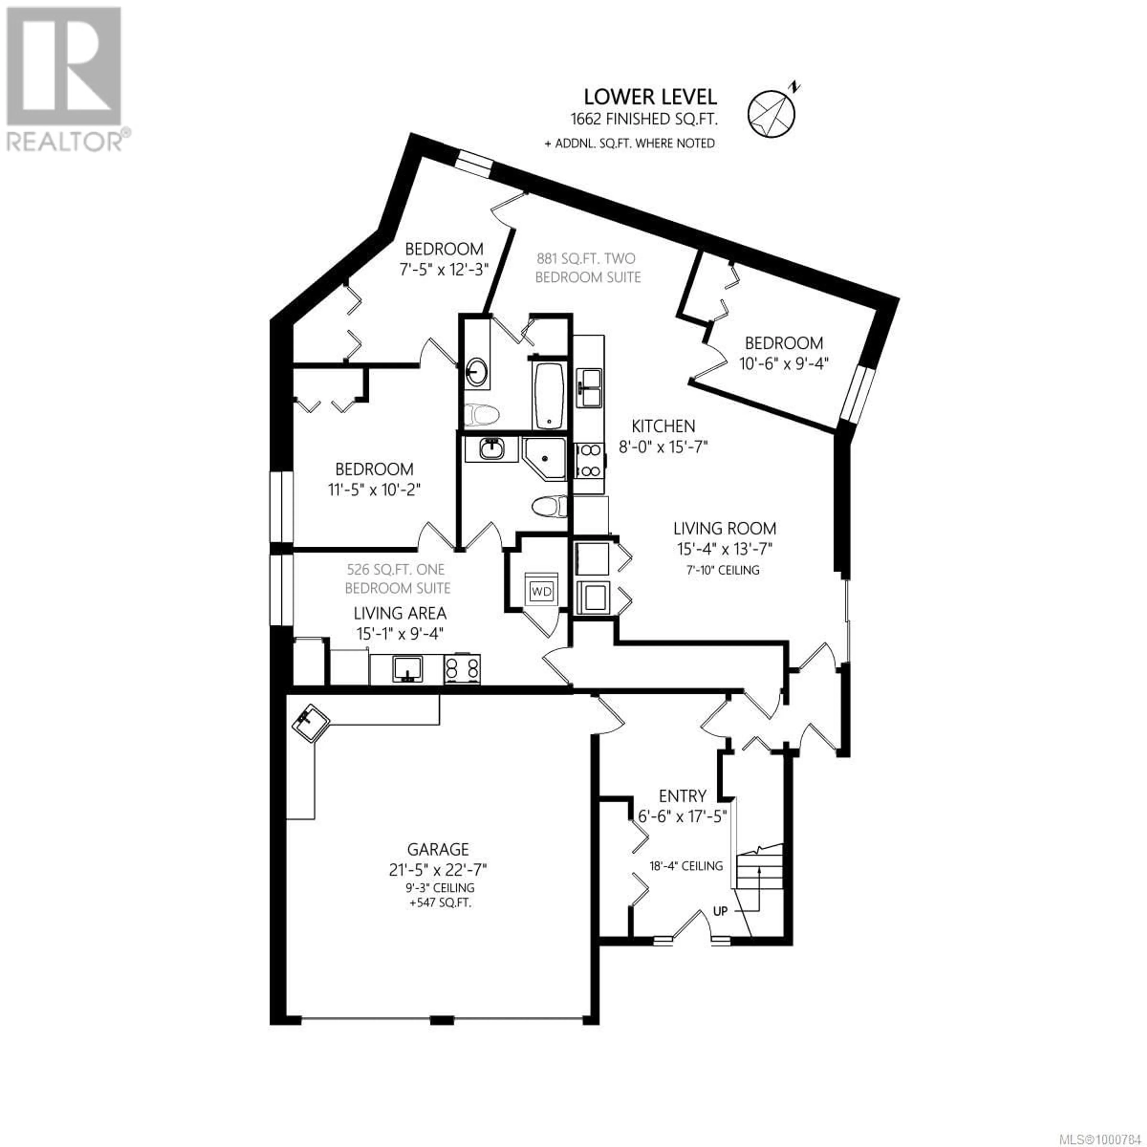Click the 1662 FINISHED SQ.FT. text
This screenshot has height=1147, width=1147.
[x=644, y=119]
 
